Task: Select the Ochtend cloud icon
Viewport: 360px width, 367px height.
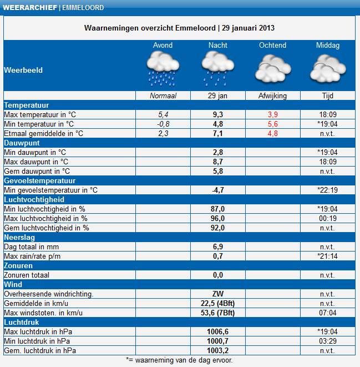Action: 272,69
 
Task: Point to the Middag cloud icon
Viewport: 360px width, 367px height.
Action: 327,69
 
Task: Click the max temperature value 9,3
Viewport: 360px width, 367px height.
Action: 217,114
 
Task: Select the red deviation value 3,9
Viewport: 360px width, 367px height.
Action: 272,114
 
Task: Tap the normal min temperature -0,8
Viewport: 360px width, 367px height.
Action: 163,124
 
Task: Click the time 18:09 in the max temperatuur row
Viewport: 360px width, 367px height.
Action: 327,114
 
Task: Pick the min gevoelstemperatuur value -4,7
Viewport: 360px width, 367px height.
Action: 217,190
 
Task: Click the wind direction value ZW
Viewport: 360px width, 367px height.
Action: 217,294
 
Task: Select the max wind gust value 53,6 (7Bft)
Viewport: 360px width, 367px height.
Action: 217,313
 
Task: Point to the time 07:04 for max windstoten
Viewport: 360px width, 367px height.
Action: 327,313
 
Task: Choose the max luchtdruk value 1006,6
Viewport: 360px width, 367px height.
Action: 217,331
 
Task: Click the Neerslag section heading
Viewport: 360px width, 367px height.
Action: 19,237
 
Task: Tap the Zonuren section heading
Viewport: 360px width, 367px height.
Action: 18,265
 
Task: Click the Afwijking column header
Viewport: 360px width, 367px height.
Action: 272,95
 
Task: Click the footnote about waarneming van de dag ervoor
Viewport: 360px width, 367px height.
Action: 180,360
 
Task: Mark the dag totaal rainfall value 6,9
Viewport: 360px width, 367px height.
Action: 217,247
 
